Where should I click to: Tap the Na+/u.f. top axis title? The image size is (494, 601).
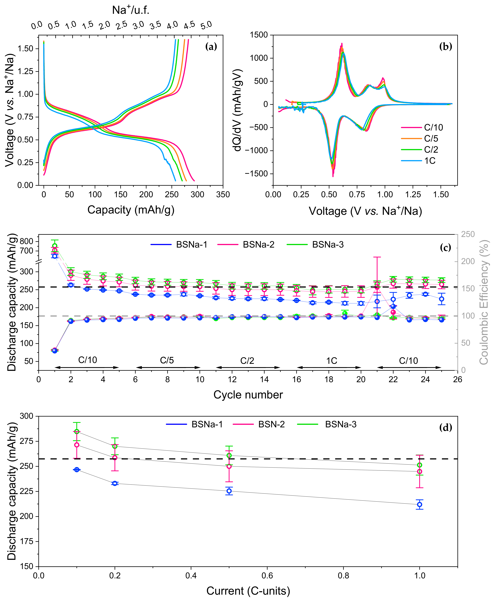[x=131, y=10]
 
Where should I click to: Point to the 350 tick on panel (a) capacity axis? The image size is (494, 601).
[x=223, y=195]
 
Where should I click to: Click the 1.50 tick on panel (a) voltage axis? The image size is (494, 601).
[x=26, y=48]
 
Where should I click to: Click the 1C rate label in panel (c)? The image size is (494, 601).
[x=332, y=361]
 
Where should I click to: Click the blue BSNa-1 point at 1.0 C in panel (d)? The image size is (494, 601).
[x=419, y=504]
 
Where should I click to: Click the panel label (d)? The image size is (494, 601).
[x=446, y=427]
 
